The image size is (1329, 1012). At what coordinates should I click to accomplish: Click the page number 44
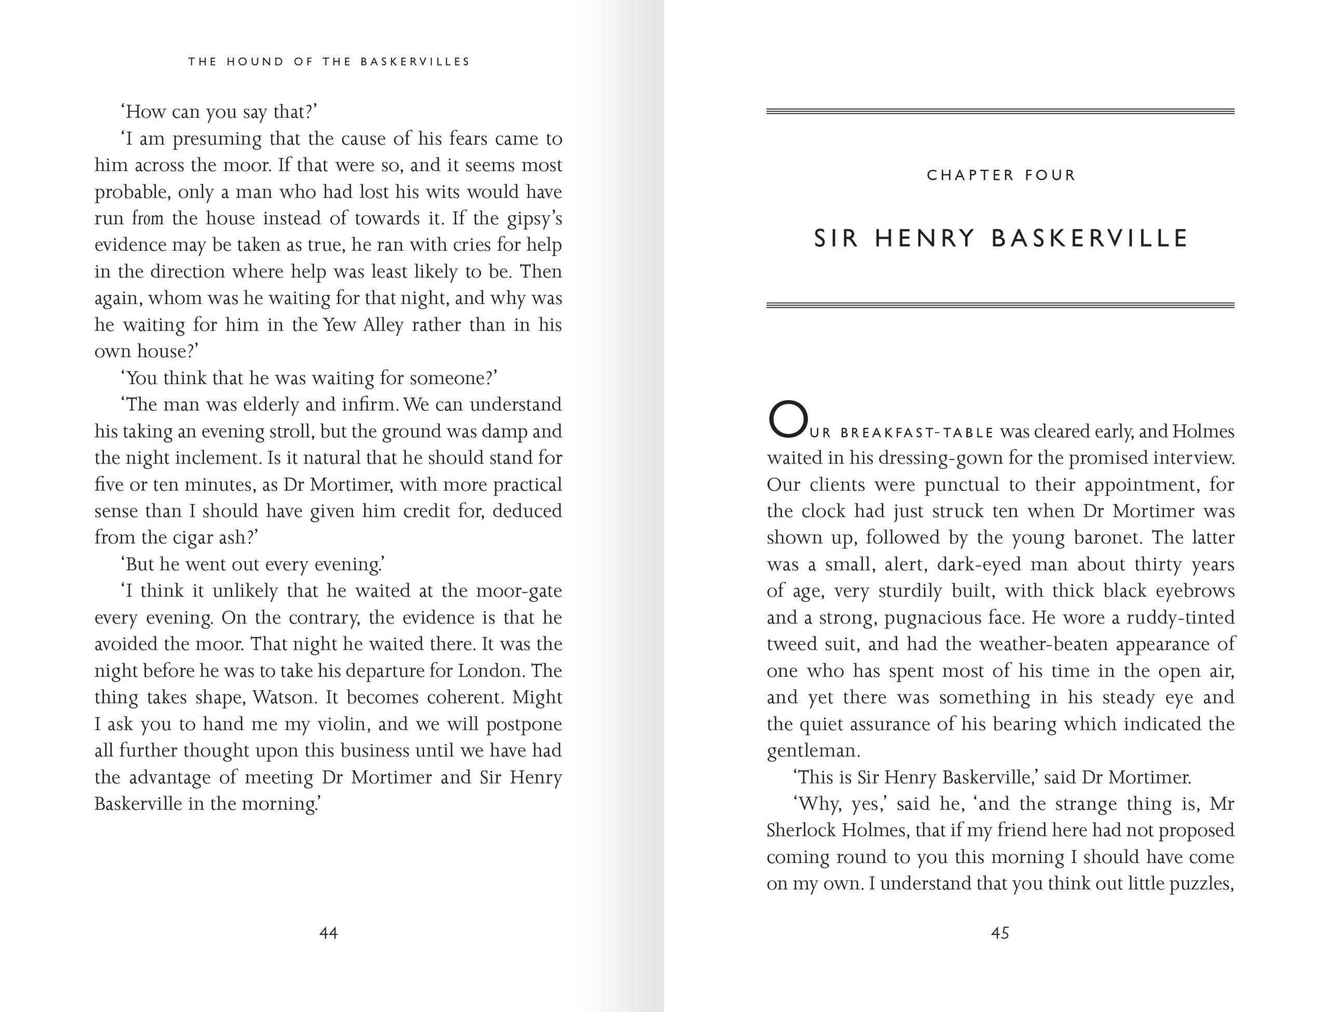click(328, 933)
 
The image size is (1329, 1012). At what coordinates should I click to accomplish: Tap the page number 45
click(1000, 933)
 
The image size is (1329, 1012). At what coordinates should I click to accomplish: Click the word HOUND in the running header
click(255, 61)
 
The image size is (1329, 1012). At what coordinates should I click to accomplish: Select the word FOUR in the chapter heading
click(1050, 175)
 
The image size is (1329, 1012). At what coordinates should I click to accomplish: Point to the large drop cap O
click(788, 419)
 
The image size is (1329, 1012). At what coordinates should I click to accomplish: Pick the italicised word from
click(147, 218)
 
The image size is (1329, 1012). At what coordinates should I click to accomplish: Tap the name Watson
click(284, 697)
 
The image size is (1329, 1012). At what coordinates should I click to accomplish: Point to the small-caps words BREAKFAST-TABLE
click(917, 432)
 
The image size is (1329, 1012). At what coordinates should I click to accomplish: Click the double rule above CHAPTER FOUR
click(1000, 112)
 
